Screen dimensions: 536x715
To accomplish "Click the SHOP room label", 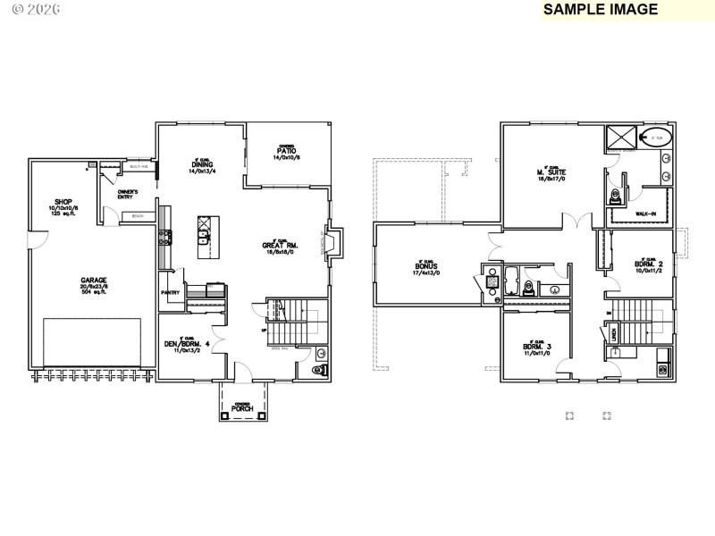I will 63,202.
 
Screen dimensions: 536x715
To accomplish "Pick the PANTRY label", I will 171,292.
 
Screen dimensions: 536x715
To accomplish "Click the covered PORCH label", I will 243,408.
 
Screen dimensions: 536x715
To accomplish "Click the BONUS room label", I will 426,265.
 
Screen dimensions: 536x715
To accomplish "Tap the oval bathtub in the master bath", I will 658,138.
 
